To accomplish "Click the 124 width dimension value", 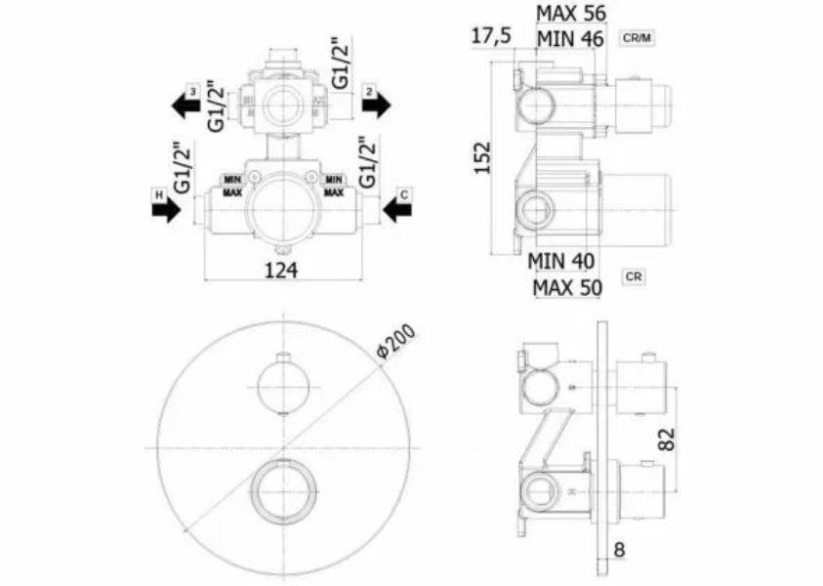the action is (281, 271).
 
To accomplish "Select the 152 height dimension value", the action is (482, 157).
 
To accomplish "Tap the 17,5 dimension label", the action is (491, 36).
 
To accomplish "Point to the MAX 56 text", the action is (570, 14).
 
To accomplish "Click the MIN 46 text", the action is (570, 39).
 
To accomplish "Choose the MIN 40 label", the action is (561, 261).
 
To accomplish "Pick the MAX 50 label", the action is (567, 288).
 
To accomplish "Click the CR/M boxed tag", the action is (637, 38).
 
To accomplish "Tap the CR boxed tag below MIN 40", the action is (634, 276).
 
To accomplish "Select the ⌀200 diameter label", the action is (396, 341).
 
